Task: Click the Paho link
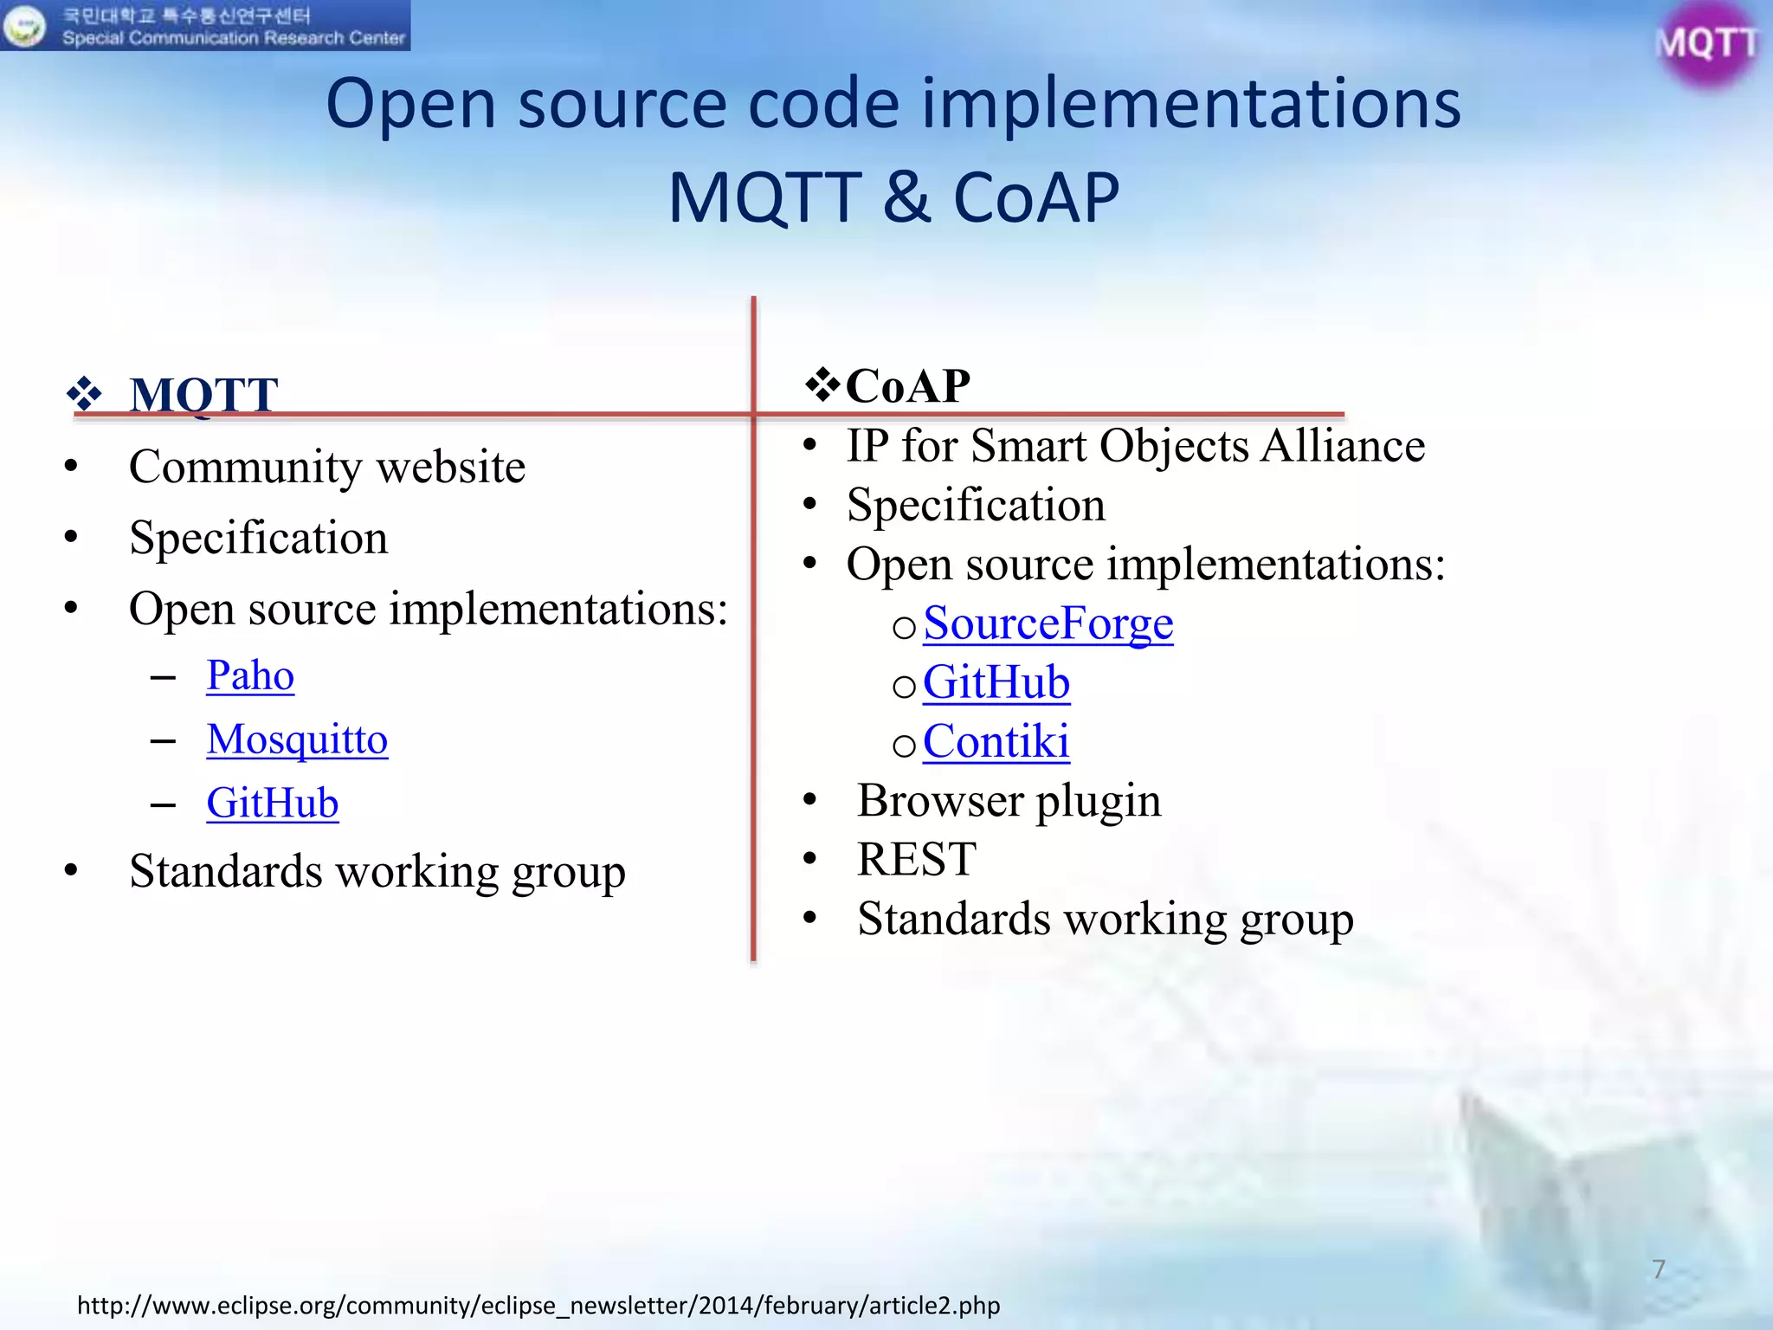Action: pos(250,675)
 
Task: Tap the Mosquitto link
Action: pos(297,739)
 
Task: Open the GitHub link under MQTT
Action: pos(272,803)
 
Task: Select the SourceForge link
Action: pos(1048,623)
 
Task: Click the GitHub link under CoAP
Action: pos(996,682)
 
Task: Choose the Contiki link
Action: pos(996,741)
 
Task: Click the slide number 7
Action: pos(1658,1269)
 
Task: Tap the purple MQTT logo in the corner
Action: pos(1706,43)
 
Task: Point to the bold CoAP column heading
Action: pos(907,386)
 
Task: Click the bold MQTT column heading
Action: pos(203,395)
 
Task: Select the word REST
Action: pos(916,859)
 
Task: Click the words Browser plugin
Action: pos(1009,800)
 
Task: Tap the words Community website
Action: pos(326,467)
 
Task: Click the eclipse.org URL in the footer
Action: pos(538,1305)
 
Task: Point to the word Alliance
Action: pos(1342,446)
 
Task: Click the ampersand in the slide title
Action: pos(906,197)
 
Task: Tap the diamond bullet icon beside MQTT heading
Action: pos(84,395)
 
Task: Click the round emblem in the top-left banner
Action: pos(23,26)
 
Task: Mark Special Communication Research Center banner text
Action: pos(233,38)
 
